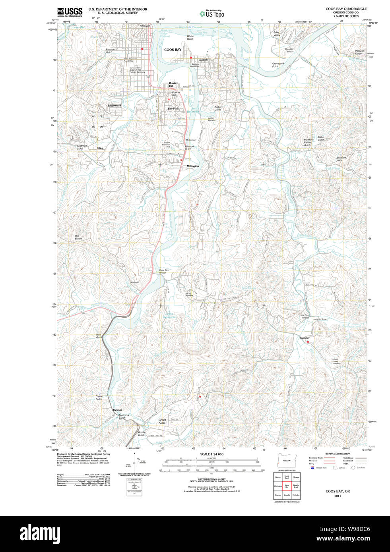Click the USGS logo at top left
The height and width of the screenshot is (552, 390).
point(70,12)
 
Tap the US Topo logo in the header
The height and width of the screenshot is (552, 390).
point(212,14)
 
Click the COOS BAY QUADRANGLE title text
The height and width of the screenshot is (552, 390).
point(346,9)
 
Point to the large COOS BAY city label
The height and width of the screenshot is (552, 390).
point(173,50)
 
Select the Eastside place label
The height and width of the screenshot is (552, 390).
point(203,60)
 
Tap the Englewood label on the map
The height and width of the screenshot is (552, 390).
point(114,106)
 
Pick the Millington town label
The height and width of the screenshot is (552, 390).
point(193,166)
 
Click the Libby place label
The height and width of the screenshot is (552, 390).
point(100,148)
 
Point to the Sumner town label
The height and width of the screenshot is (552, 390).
point(305,338)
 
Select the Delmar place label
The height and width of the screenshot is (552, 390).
point(117,410)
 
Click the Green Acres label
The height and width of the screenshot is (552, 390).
point(162,421)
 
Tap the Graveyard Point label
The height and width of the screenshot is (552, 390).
point(277,65)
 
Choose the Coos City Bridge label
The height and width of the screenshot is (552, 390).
point(164,271)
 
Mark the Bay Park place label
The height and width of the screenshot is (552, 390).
point(173,108)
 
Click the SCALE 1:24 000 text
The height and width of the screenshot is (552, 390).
point(211,454)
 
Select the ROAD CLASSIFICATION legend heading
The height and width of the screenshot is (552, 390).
point(338,454)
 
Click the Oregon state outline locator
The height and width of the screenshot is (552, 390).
point(285,461)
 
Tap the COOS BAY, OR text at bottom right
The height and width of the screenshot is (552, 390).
point(338,491)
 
